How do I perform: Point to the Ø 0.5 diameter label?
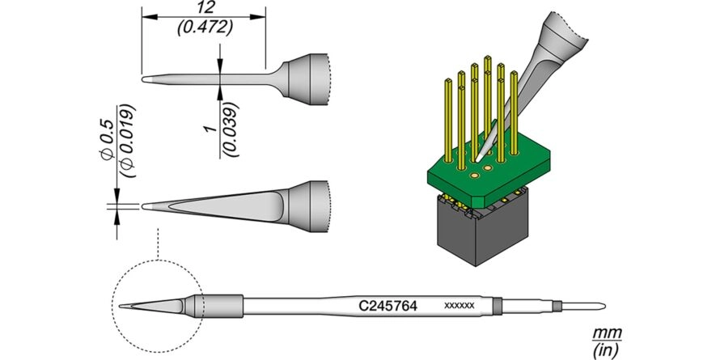tap(107, 140)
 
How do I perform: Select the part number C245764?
tap(388, 306)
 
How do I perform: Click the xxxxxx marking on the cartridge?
tap(460, 305)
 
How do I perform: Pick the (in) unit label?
tap(608, 351)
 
